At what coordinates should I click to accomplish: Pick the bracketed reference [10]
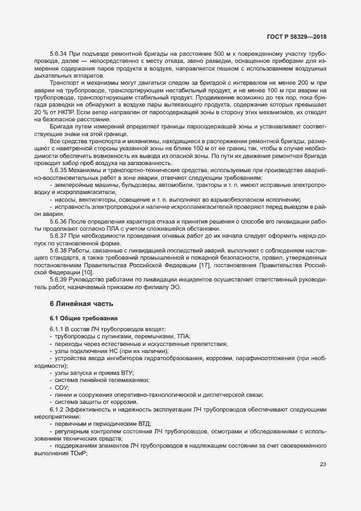87,272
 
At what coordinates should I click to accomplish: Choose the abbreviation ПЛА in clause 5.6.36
105,228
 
